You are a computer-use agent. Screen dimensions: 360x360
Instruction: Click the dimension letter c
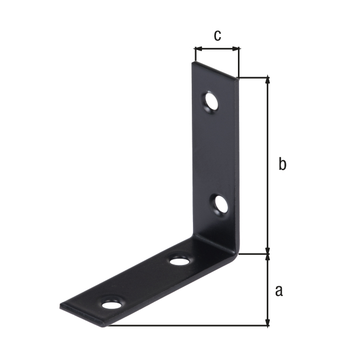[218, 35]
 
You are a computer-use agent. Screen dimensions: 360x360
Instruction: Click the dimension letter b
[282, 164]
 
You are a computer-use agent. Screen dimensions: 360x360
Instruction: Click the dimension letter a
[279, 291]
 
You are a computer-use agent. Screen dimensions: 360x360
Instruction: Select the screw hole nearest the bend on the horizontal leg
[180, 261]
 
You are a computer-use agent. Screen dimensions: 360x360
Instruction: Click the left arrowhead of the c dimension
[197, 48]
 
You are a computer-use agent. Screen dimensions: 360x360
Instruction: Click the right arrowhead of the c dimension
[236, 48]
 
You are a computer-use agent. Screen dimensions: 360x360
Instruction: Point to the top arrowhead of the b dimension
[268, 80]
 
